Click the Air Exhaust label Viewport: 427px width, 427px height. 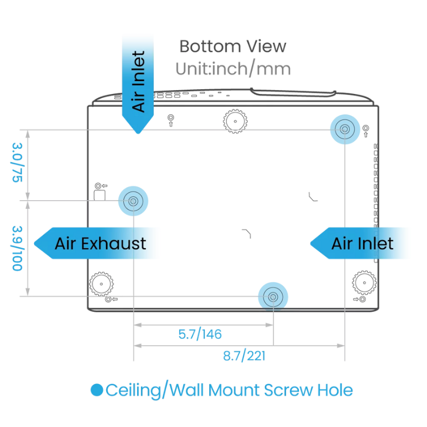[100, 244]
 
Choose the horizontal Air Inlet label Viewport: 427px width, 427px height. [362, 244]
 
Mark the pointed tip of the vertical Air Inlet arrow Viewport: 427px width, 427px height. [138, 131]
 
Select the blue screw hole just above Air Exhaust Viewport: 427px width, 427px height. [132, 201]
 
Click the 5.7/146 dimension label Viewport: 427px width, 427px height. [200, 335]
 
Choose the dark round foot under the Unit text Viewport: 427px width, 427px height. [235, 121]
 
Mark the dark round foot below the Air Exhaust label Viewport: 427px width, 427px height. [101, 283]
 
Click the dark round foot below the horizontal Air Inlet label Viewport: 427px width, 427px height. [365, 282]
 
